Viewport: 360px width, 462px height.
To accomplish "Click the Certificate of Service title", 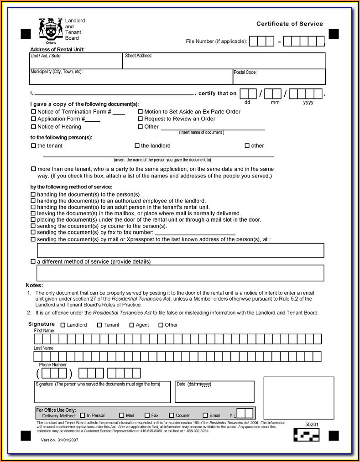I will pos(289,24).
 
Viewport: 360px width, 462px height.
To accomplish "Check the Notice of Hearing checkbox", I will pos(33,127).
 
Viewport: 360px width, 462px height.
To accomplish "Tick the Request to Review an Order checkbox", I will pos(140,119).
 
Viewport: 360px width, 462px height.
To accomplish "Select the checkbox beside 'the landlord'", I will pos(137,146).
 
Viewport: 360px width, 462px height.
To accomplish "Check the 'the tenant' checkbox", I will pos(33,146).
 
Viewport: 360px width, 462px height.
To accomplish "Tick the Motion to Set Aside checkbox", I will pos(140,112).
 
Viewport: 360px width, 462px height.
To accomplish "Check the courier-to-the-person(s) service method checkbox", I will pos(33,226).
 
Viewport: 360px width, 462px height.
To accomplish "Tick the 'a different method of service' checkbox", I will pos(33,262).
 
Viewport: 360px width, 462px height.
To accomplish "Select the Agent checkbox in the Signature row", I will pos(132,325).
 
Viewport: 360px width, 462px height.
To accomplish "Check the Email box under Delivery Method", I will pos(205,415).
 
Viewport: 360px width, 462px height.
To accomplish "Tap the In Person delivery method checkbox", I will pos(83,415).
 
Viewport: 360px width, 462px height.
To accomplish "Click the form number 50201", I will pos(312,425).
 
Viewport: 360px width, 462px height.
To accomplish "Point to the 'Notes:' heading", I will pos(34,285).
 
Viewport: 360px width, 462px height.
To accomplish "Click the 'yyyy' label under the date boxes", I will pos(308,103).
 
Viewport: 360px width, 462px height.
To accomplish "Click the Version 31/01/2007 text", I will pos(60,440).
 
